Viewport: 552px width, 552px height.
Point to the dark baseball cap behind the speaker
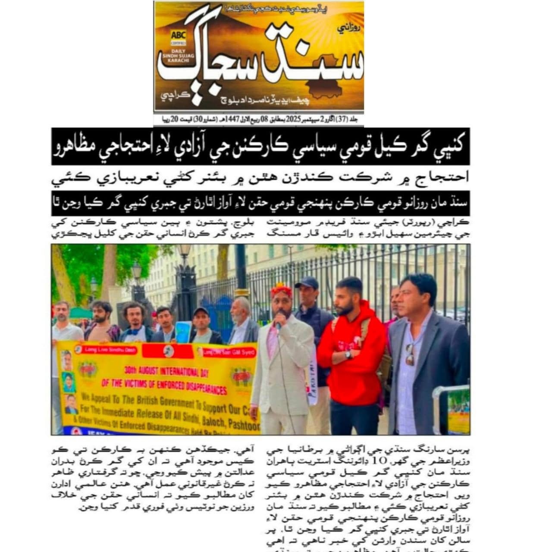(x=306, y=282)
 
